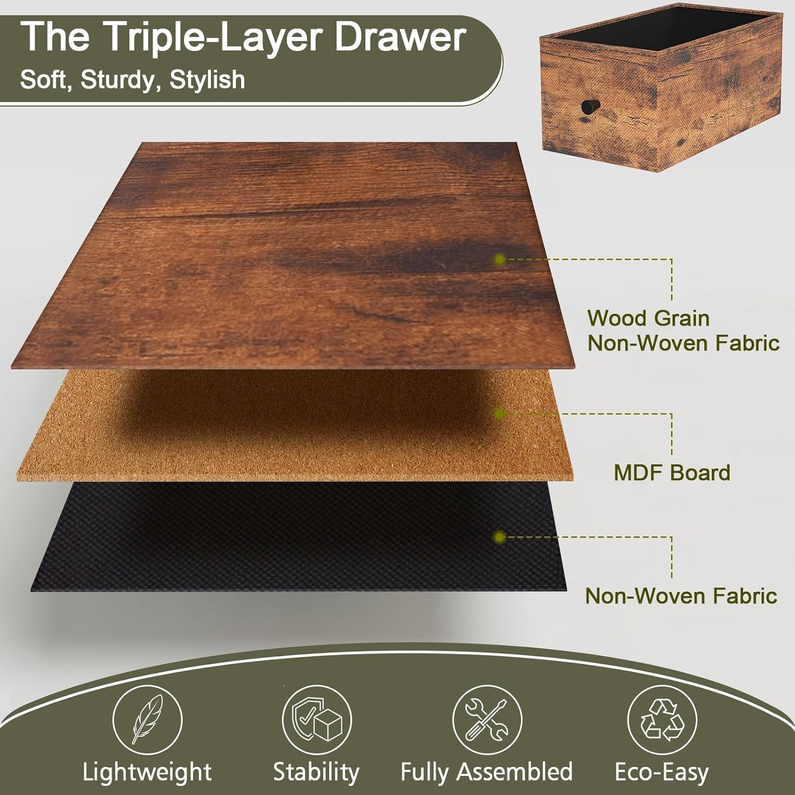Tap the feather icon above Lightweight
pos(147,719)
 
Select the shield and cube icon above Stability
pos(316,719)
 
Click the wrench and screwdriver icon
pos(487,719)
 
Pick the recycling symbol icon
pos(662,719)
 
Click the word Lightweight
pos(147,772)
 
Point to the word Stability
pos(316,772)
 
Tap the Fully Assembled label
pos(487,772)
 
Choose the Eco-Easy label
pos(661,772)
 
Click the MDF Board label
pos(672,472)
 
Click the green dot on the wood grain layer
pos(499,259)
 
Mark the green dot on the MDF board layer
pos(499,413)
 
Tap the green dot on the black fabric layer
pos(499,537)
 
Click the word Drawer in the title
pos(400,37)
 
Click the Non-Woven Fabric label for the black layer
pos(681,596)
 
